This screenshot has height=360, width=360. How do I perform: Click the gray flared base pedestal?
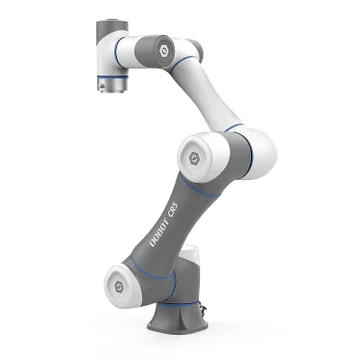(180, 319)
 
